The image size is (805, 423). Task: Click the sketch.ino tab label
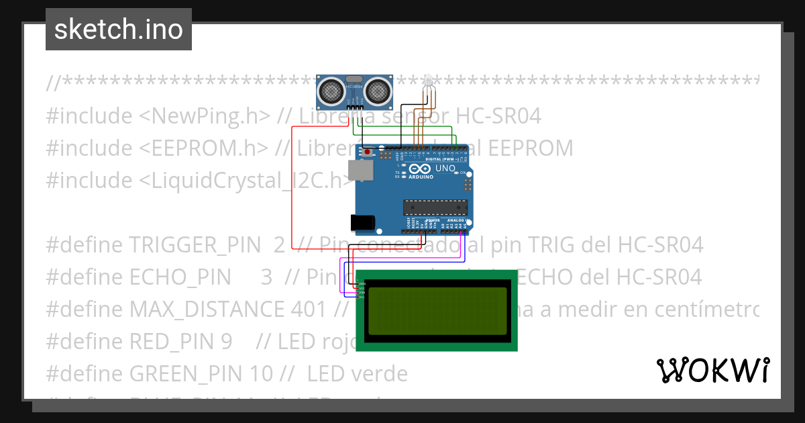click(x=119, y=30)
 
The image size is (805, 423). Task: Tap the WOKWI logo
click(x=712, y=370)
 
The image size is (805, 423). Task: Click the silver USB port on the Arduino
click(x=361, y=171)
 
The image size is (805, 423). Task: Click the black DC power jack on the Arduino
click(x=361, y=224)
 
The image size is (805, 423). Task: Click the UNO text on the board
click(x=445, y=169)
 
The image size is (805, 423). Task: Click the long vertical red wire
click(x=292, y=201)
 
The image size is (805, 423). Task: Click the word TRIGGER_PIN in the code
click(x=195, y=245)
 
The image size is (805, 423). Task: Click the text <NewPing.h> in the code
click(x=205, y=116)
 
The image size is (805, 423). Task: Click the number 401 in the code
click(x=310, y=310)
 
